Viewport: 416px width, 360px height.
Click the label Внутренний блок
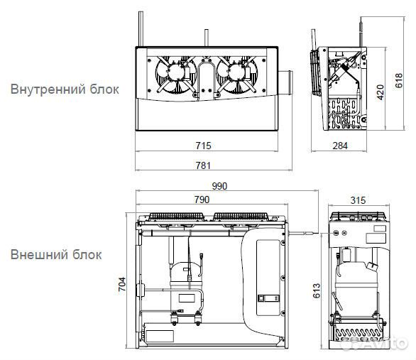[64, 89]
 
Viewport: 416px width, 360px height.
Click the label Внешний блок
[56, 254]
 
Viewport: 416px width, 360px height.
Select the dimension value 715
[202, 146]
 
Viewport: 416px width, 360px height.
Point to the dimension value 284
[341, 146]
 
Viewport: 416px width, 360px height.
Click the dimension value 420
[379, 93]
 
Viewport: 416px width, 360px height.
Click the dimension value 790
[202, 200]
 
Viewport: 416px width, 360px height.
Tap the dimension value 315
[358, 200]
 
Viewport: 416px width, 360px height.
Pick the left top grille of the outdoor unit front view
[172, 218]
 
